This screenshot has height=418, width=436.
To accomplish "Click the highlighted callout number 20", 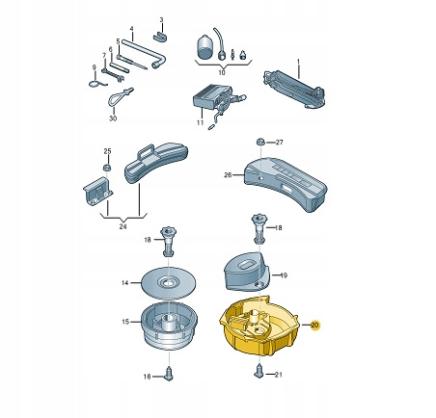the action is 314,326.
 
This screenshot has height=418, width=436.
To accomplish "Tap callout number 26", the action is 228,175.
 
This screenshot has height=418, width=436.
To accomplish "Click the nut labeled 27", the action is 260,142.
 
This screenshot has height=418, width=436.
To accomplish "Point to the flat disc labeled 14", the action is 169,283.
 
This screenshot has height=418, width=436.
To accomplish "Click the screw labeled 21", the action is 259,372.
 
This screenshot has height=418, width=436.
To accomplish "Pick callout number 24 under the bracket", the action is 123,226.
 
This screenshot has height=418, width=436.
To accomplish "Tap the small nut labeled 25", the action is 107,167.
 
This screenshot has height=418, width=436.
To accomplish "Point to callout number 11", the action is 200,122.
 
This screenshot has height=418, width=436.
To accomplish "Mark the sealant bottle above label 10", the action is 204,47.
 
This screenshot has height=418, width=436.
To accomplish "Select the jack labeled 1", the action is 293,89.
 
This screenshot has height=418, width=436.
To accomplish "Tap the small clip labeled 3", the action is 161,37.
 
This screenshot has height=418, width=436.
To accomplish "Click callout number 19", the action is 284,275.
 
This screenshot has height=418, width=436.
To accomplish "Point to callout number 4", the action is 131,29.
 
